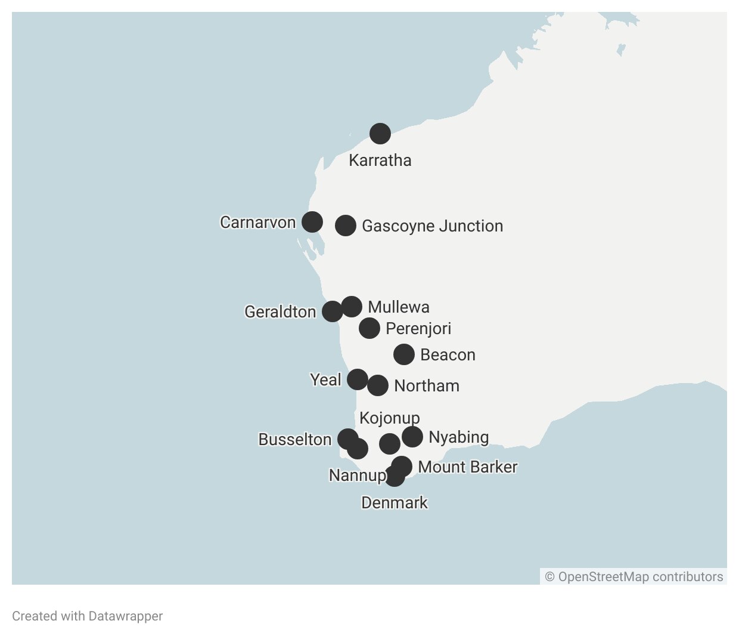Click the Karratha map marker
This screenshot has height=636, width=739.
(x=380, y=134)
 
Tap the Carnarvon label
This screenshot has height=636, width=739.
(x=257, y=223)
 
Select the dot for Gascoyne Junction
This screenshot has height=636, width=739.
(x=346, y=226)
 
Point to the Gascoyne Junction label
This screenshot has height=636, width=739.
(x=432, y=226)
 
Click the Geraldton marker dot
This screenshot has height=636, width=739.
(x=333, y=311)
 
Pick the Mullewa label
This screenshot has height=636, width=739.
(x=398, y=307)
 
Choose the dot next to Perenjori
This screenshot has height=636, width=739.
(x=369, y=328)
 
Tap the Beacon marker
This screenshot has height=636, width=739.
(x=404, y=354)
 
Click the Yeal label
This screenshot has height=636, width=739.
(x=325, y=380)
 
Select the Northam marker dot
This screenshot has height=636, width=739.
(x=378, y=385)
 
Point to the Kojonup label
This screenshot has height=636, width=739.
(x=389, y=418)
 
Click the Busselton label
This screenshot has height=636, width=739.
(x=294, y=440)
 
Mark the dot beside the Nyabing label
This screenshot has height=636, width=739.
(x=412, y=437)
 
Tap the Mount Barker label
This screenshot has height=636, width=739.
(x=467, y=467)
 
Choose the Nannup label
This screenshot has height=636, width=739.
(x=358, y=476)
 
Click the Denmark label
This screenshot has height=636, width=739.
(x=394, y=503)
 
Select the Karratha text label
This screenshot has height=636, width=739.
(x=380, y=160)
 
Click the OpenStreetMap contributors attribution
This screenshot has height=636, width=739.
(x=634, y=577)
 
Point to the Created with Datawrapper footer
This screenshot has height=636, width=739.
(x=87, y=616)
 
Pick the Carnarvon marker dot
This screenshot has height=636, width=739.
(x=312, y=222)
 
